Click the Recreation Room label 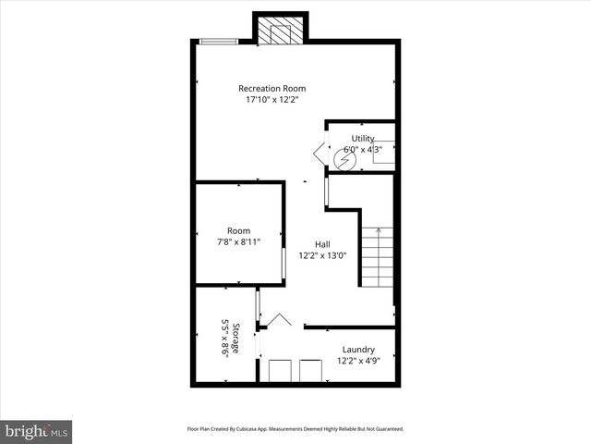click(x=271, y=88)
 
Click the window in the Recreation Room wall click(x=219, y=41)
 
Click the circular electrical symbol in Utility click(x=344, y=160)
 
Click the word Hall click(x=322, y=244)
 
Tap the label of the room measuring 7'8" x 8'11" click(x=238, y=230)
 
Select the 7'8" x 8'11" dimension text click(x=238, y=242)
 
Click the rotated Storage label click(x=236, y=339)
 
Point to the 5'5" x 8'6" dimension click(x=223, y=339)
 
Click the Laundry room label click(x=357, y=350)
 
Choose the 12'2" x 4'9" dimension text click(x=357, y=361)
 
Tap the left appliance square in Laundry click(x=279, y=371)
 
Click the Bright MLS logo click(x=37, y=431)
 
